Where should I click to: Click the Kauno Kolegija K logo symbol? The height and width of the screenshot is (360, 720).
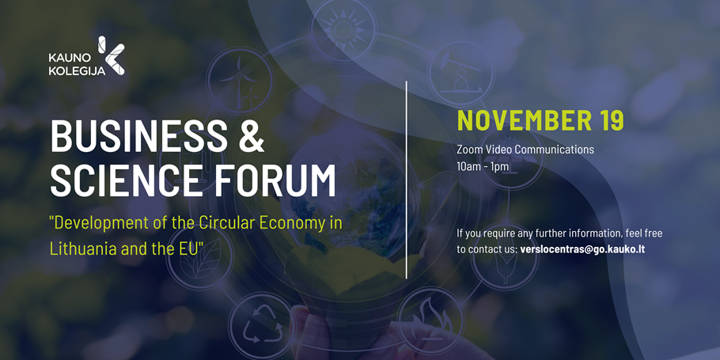(x=112, y=55)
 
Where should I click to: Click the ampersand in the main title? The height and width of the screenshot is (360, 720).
(x=251, y=136)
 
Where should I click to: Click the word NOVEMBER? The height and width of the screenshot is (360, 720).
(x=525, y=120)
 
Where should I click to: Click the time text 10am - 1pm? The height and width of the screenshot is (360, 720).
(x=483, y=166)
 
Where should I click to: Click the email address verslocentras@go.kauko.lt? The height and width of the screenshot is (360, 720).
(x=582, y=250)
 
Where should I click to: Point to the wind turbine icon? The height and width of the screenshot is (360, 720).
(x=240, y=81)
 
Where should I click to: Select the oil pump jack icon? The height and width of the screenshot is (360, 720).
(x=460, y=74)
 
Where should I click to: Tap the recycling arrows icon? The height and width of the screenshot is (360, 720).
(x=262, y=325)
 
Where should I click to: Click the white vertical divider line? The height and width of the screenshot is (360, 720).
(x=407, y=180)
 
